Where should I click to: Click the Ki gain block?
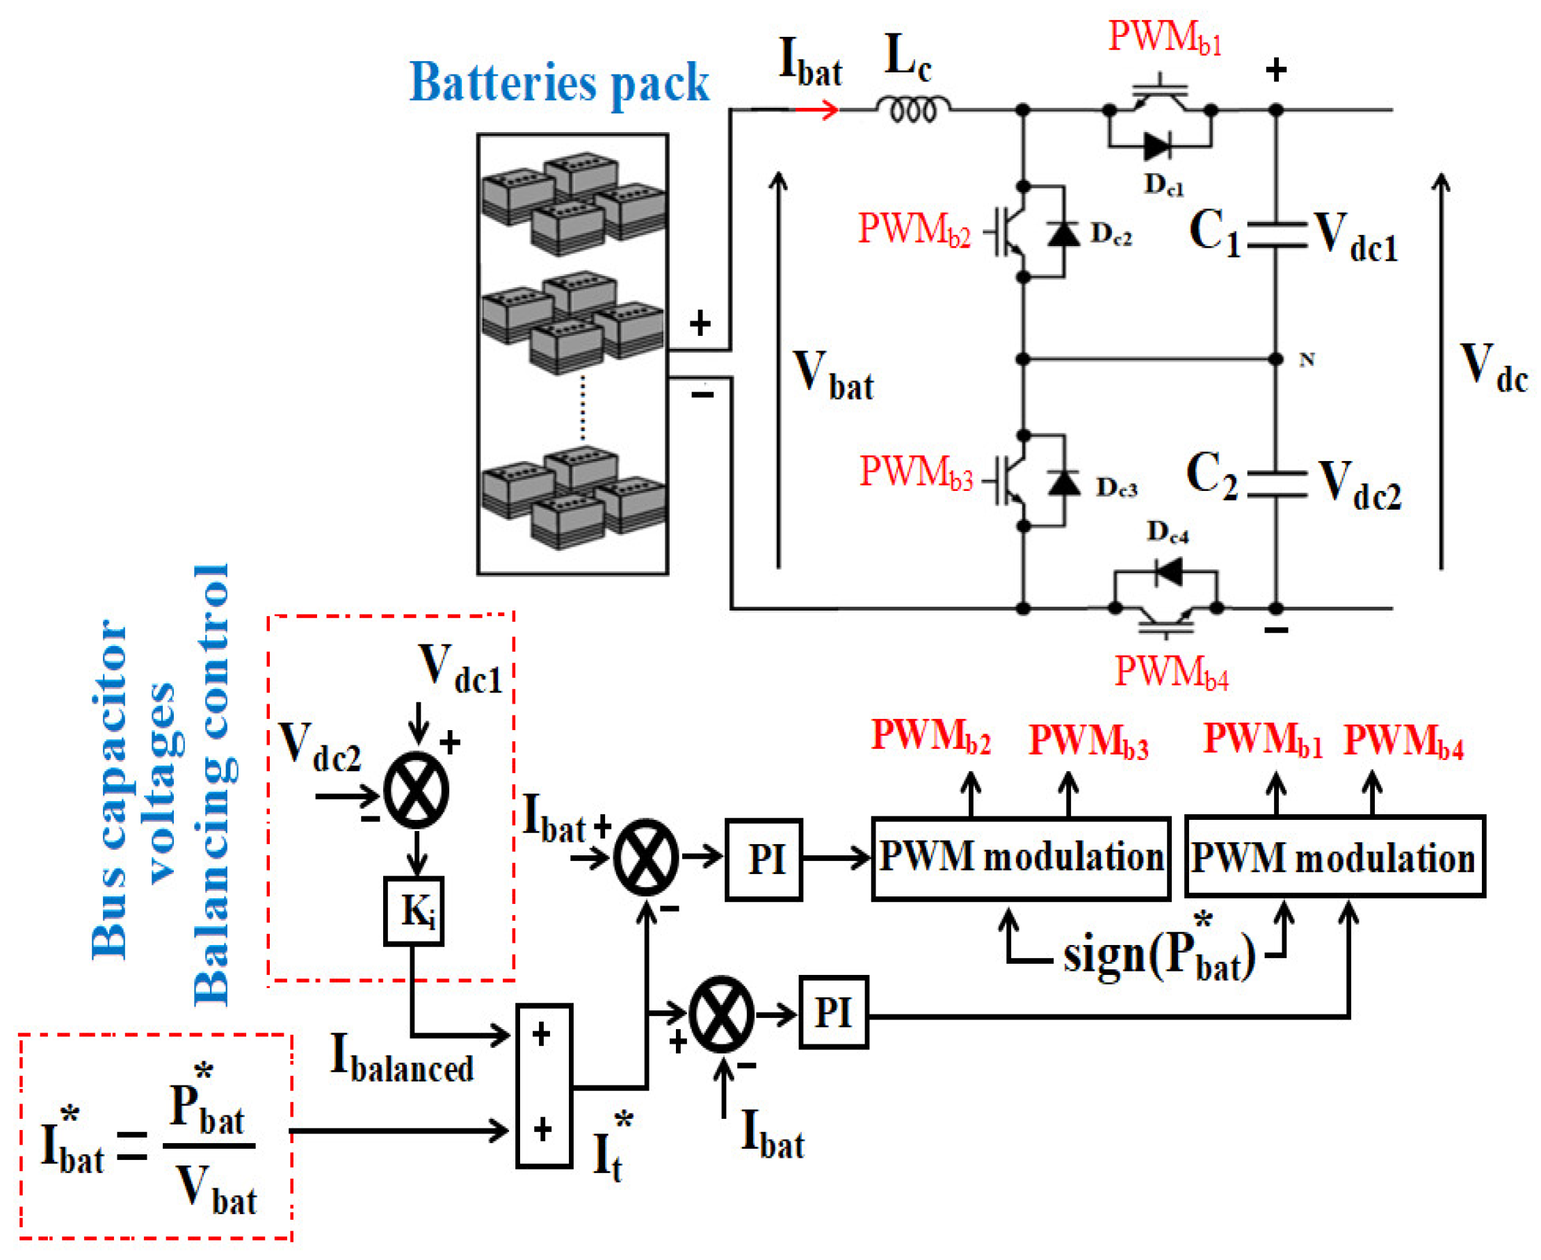coord(413,910)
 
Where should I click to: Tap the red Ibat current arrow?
coord(816,110)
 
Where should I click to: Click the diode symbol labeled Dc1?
coord(1156,147)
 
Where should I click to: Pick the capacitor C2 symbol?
coord(1277,484)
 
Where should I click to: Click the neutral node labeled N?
coord(1276,359)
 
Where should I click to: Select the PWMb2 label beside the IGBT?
coord(914,229)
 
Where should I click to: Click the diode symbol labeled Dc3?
coord(1064,482)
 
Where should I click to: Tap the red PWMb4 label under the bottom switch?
coord(1172,671)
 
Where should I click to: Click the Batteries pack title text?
coord(559,83)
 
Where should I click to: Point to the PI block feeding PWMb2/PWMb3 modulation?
coord(764,859)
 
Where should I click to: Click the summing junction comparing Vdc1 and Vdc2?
coord(416,791)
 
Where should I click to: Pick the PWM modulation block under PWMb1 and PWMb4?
coord(1334,857)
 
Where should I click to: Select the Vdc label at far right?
coord(1493,367)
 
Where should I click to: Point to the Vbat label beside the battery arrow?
coord(832,375)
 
